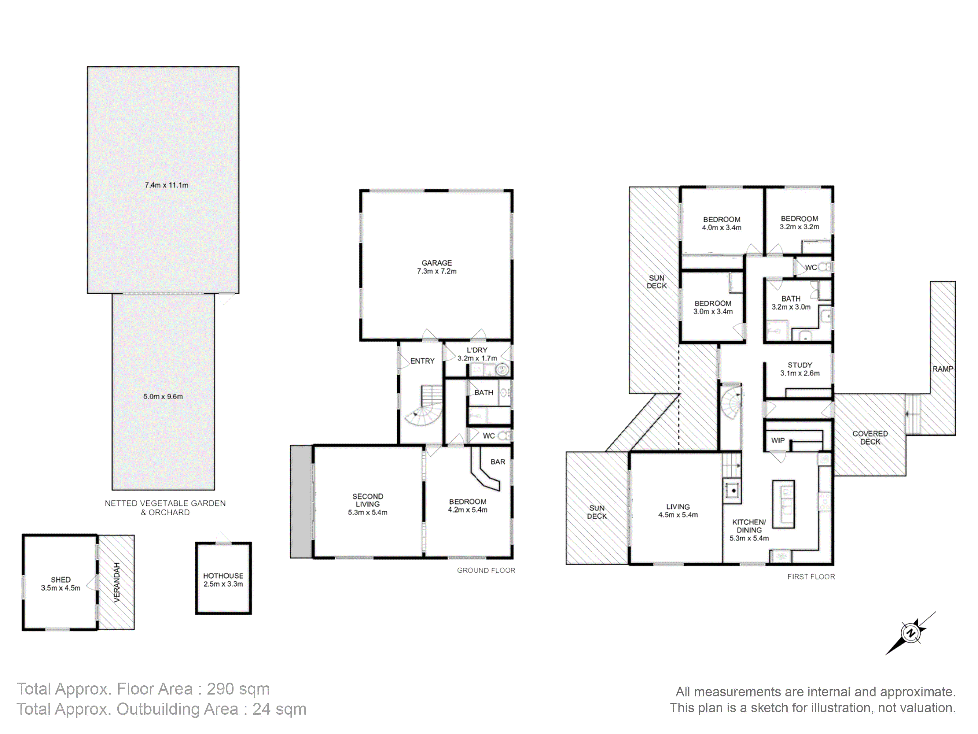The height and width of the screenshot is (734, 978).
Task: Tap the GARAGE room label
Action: click(x=437, y=267)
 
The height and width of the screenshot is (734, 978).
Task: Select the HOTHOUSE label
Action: click(x=223, y=580)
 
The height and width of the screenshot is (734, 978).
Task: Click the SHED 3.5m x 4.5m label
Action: click(x=61, y=584)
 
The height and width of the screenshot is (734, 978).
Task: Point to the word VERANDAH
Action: click(x=117, y=582)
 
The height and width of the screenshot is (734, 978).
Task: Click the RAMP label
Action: click(x=943, y=369)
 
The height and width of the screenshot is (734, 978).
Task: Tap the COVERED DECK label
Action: click(x=870, y=438)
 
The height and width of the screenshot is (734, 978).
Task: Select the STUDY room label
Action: click(x=800, y=369)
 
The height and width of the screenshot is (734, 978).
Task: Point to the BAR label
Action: click(x=498, y=462)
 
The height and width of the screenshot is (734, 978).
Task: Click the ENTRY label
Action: click(x=422, y=361)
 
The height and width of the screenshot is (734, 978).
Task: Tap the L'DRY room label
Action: click(x=477, y=354)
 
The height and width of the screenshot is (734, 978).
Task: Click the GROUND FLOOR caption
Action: click(x=486, y=570)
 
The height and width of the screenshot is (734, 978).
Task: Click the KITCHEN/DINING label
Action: click(x=749, y=530)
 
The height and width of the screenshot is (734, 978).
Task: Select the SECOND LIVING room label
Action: click(x=367, y=504)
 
